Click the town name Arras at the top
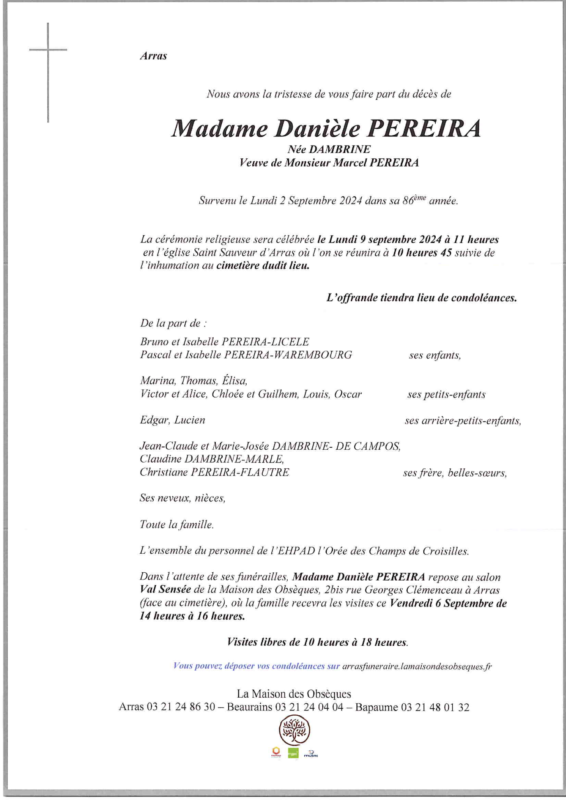pyautogui.click(x=153, y=56)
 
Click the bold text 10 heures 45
pyautogui.click(x=422, y=252)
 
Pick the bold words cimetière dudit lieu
pyautogui.click(x=263, y=266)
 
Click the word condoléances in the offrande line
pyautogui.click(x=483, y=298)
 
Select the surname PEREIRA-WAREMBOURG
pyautogui.click(x=288, y=355)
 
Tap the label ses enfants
pyautogui.click(x=434, y=356)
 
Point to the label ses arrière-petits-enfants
pyautogui.click(x=463, y=421)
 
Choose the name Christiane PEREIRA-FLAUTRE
pyautogui.click(x=214, y=472)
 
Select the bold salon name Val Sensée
pyautogui.click(x=165, y=590)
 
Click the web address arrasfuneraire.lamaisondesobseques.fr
pyautogui.click(x=416, y=666)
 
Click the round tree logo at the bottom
pyautogui.click(x=294, y=730)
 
